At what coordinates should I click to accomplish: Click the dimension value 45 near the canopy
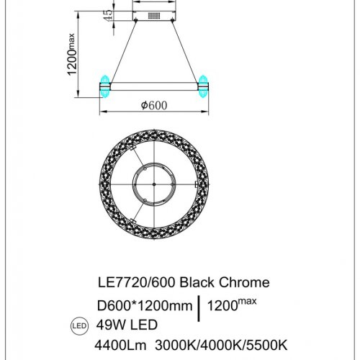coord(107,15)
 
